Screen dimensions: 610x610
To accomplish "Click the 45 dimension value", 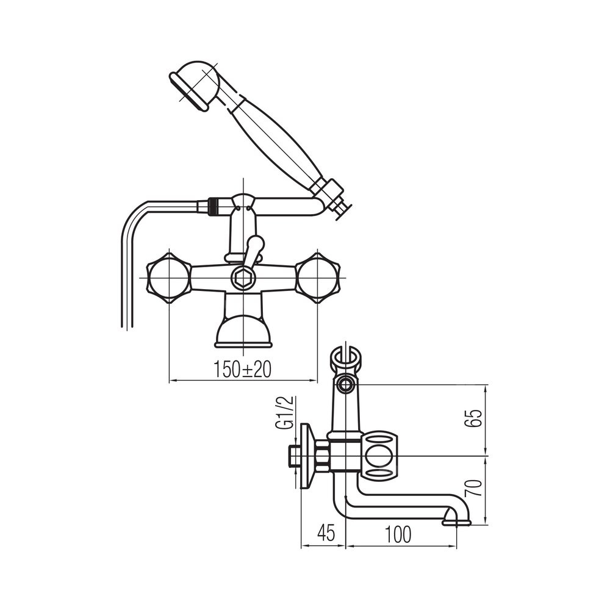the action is [326, 533].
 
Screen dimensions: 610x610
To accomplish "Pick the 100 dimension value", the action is [398, 534].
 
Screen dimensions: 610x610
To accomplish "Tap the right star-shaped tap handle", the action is [318, 278].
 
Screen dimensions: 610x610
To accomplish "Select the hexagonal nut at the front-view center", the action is [243, 278].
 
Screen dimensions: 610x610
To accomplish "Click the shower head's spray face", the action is [188, 93].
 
